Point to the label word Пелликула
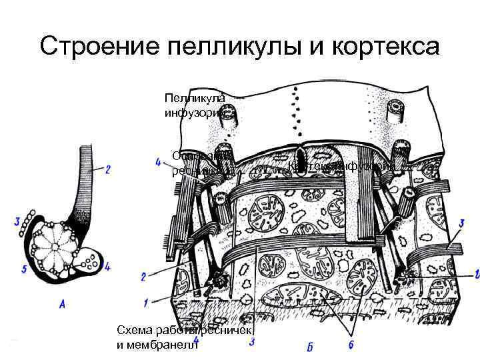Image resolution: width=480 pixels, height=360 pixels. [195, 97]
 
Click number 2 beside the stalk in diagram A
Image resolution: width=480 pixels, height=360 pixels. [108, 169]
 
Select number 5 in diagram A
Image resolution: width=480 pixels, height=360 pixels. [23, 269]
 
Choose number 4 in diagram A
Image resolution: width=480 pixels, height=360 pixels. [107, 267]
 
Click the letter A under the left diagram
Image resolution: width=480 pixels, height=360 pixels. [62, 304]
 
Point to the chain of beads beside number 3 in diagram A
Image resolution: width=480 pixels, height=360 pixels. [27, 224]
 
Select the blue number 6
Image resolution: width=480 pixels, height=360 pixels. [351, 344]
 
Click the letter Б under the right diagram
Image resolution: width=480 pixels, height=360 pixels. [310, 347]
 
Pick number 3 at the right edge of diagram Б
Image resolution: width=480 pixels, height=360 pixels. [461, 223]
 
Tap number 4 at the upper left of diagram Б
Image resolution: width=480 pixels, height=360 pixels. [157, 163]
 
